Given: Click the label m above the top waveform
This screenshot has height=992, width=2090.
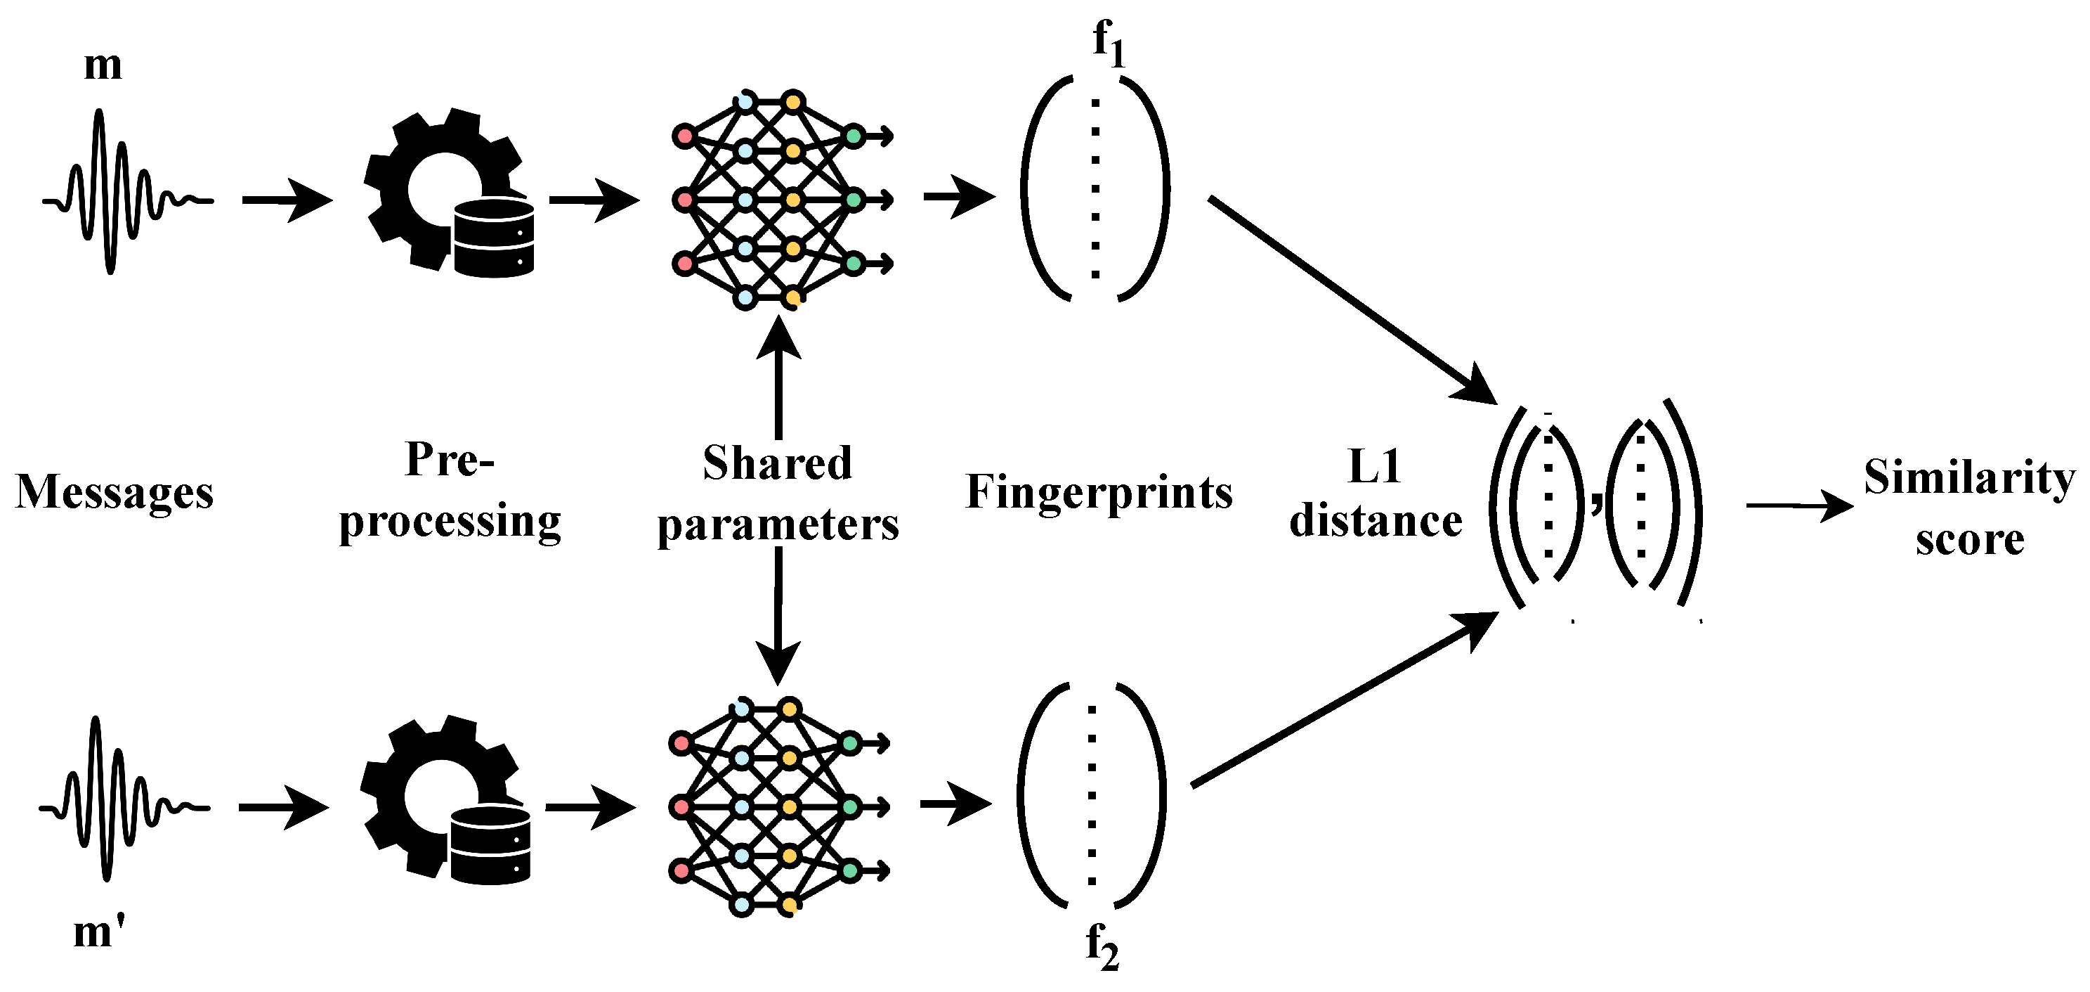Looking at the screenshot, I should pyautogui.click(x=103, y=65).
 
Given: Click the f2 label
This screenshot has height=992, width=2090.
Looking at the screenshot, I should pyautogui.click(x=1102, y=946).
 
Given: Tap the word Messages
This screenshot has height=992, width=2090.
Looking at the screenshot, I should pyautogui.click(x=115, y=492).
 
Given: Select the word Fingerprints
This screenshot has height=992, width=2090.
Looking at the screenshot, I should pyautogui.click(x=1099, y=492).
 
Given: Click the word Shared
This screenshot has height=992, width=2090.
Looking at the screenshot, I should pyautogui.click(x=777, y=463).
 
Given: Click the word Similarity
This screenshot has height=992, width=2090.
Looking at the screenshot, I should pyautogui.click(x=1969, y=477).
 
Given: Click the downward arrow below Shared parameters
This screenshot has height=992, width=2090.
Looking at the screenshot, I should pyautogui.click(x=778, y=617).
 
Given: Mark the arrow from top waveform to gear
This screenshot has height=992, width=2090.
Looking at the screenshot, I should pyautogui.click(x=287, y=200).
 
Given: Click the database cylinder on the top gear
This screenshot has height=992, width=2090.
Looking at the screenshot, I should pyautogui.click(x=493, y=237).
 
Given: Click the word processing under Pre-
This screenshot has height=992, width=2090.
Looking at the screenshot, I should pyautogui.click(x=450, y=521).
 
